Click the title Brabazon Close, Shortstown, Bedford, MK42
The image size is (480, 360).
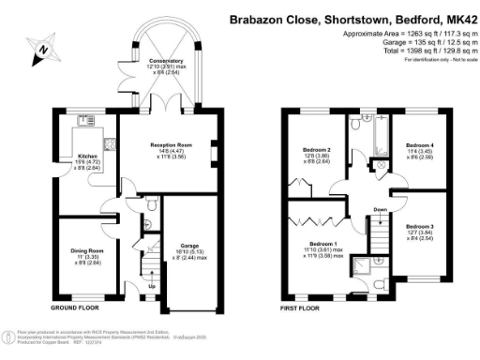[353, 20]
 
